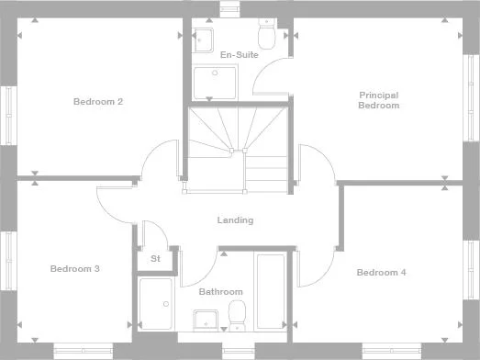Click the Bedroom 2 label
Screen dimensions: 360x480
[98, 102]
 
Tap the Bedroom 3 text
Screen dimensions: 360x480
[74, 269]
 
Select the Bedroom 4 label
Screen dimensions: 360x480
[381, 273]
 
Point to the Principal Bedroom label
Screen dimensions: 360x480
[378, 100]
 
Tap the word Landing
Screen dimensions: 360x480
[235, 220]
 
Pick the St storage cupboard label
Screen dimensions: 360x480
[155, 259]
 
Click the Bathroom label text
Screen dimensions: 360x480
[219, 292]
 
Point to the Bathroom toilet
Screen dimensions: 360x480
[236, 314]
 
